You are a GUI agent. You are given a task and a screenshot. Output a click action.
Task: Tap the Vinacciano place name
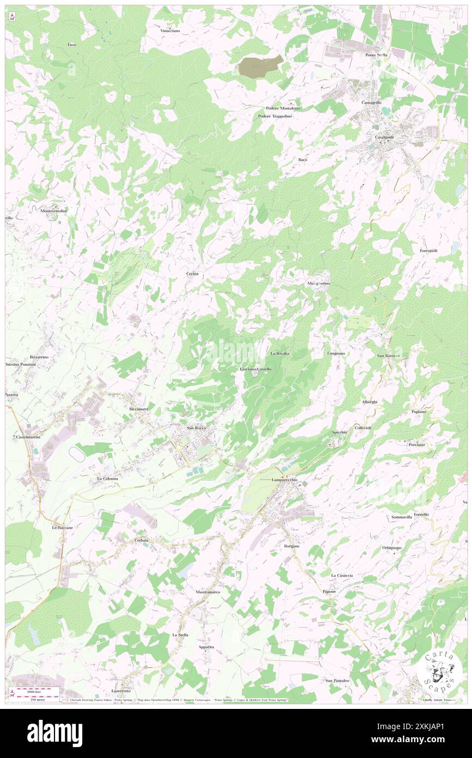coord(170,31)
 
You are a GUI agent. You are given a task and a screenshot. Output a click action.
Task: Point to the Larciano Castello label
coord(256,369)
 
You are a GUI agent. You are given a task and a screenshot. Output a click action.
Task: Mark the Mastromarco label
coord(208,592)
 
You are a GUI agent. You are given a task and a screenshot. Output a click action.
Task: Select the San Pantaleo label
coord(337,680)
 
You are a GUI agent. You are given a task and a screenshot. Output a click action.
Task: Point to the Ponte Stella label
coord(376,55)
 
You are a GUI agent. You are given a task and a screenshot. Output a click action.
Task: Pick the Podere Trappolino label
coord(275,116)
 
